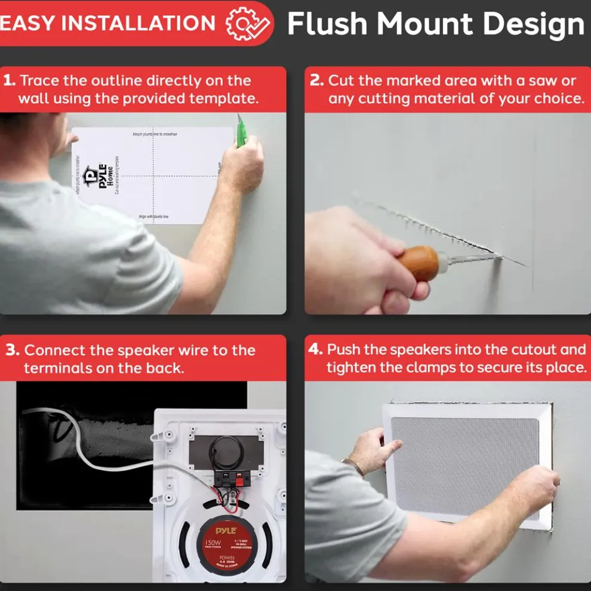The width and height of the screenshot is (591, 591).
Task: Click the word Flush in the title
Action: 327,24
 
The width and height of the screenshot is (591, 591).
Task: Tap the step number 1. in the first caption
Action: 10,81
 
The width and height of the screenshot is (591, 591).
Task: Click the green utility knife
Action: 241,132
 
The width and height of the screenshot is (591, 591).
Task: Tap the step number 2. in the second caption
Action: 316,81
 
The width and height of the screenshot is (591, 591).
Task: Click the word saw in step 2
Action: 542,81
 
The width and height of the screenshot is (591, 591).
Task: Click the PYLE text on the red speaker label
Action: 226,530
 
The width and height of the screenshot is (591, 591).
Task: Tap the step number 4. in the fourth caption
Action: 315,350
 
